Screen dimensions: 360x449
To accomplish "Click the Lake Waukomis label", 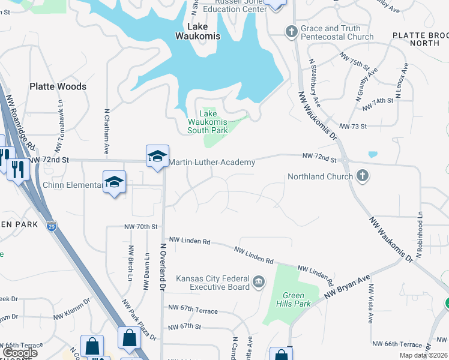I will [197, 31].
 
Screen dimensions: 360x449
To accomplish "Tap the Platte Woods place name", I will [58, 86].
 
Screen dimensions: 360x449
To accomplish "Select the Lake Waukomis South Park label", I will [207, 122].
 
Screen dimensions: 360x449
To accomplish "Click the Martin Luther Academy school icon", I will [157, 157].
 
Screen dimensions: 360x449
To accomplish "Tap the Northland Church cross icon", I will [361, 176].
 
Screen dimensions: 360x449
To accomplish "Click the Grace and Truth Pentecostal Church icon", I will [291, 31].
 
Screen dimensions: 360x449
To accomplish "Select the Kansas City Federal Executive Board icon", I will [259, 281].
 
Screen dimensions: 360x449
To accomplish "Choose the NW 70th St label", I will [140, 227].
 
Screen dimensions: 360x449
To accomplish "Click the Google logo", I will [21, 353].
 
